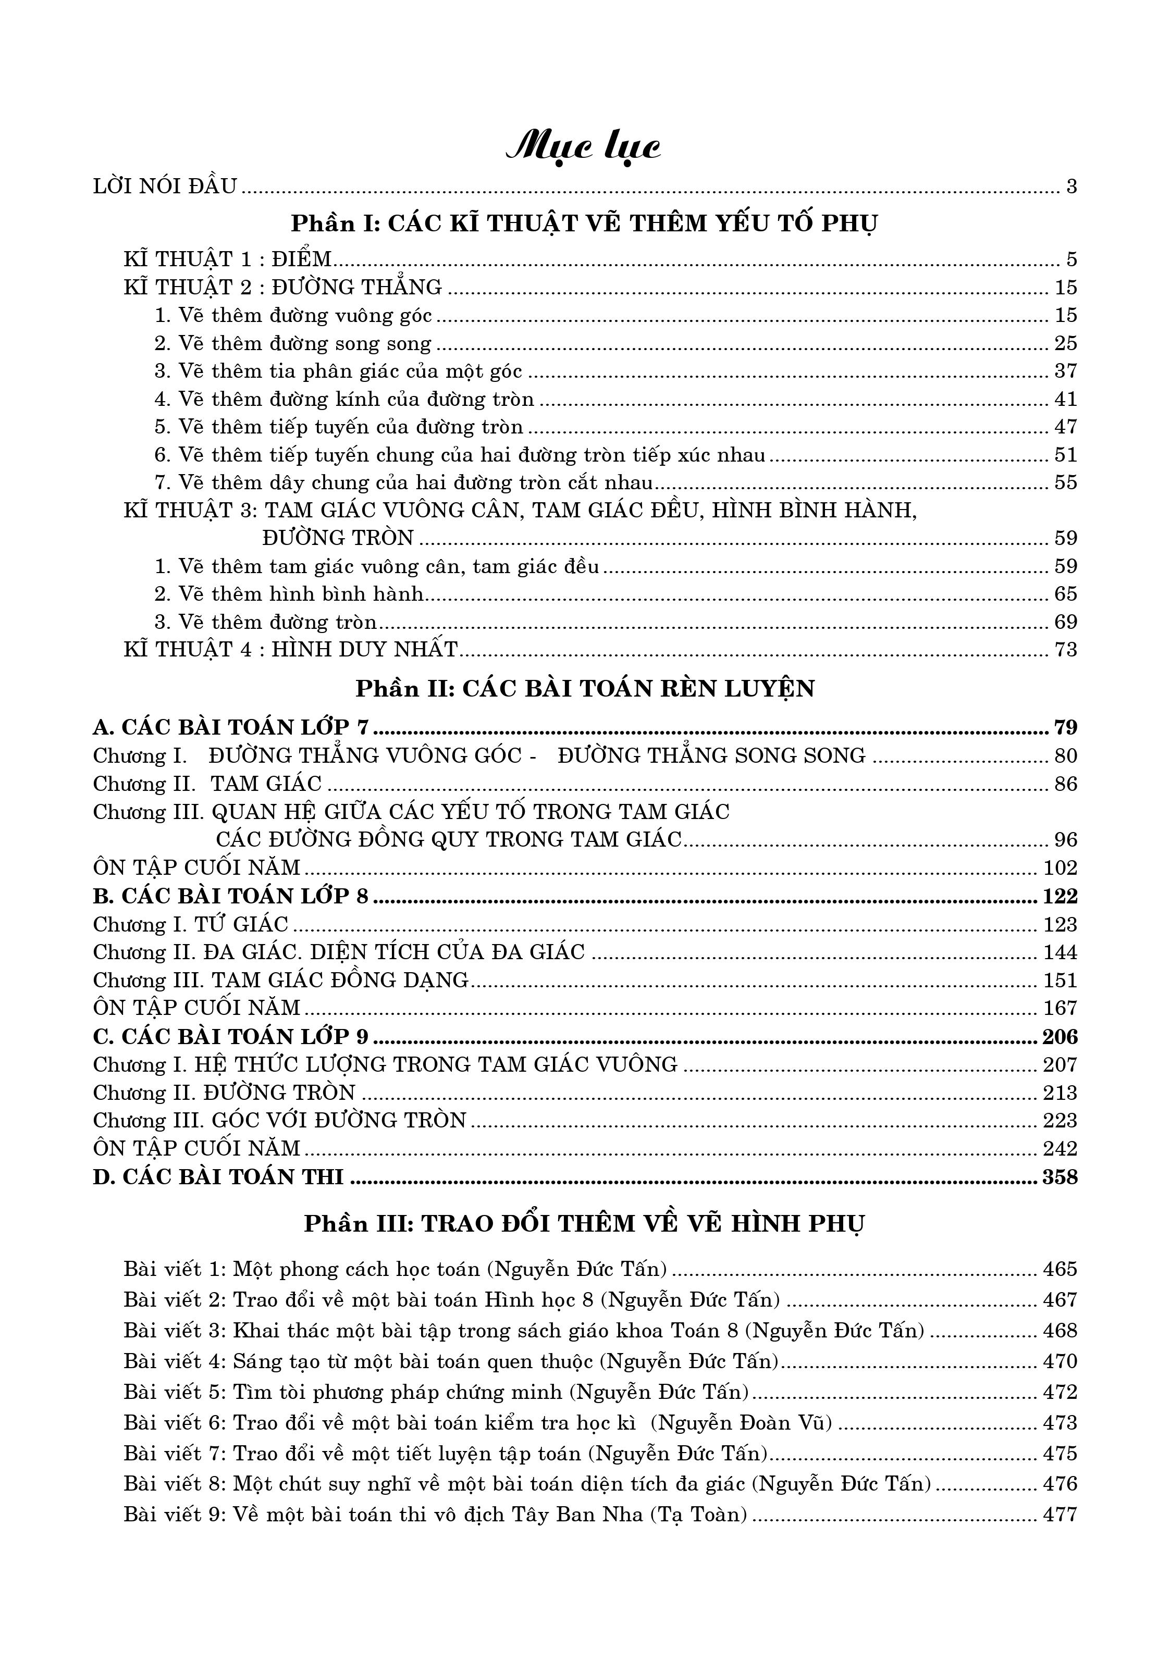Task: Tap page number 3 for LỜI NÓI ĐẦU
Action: pos(1072,187)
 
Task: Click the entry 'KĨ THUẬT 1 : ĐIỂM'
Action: pos(227,259)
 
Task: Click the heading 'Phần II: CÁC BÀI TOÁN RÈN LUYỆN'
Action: pos(585,688)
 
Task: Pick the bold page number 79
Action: pos(1066,727)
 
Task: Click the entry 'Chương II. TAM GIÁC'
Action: pos(207,784)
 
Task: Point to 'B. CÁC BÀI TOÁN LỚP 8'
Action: pos(231,896)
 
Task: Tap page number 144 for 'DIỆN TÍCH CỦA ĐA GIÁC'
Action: pos(1060,952)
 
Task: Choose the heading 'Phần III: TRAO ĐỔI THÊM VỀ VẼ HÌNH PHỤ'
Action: pos(584,1224)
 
